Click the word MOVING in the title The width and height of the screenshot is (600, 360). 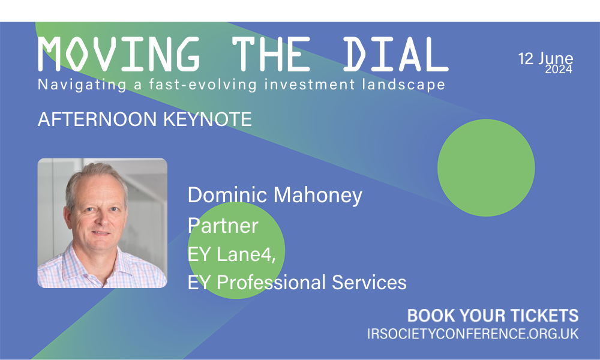[x=119, y=55]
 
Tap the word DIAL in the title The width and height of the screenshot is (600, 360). [x=395, y=55]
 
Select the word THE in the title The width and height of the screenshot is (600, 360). [x=271, y=55]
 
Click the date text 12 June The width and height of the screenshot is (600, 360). [x=545, y=59]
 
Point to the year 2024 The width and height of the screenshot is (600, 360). [x=559, y=69]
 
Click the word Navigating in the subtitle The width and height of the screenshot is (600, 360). [x=82, y=85]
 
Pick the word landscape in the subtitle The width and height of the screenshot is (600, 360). [x=404, y=85]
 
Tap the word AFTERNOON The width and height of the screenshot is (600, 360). [x=97, y=119]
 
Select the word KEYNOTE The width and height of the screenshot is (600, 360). [x=208, y=119]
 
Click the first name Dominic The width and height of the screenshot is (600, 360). [x=227, y=195]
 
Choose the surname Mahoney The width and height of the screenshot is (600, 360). [x=318, y=196]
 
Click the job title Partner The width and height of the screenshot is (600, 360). [x=223, y=226]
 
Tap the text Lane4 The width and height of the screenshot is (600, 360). [x=246, y=254]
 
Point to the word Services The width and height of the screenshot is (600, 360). [x=369, y=283]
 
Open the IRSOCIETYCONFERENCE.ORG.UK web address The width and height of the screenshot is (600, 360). [x=473, y=334]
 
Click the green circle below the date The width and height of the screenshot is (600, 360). [x=486, y=167]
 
